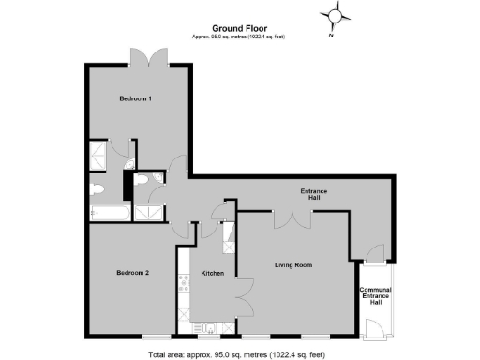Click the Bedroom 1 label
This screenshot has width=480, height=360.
coord(136,98)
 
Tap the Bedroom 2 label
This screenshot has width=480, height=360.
coord(133,273)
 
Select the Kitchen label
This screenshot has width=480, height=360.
coord(212,273)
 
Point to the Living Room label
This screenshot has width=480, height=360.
coord(292,265)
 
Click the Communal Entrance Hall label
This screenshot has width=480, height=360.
coord(376,295)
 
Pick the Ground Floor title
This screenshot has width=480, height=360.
coord(238,28)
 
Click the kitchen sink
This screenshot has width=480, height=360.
coord(205,327)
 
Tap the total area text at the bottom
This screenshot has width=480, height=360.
coord(240,352)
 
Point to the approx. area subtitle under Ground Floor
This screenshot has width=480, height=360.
coord(238,37)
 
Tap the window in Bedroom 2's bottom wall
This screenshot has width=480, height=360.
coord(156,335)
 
